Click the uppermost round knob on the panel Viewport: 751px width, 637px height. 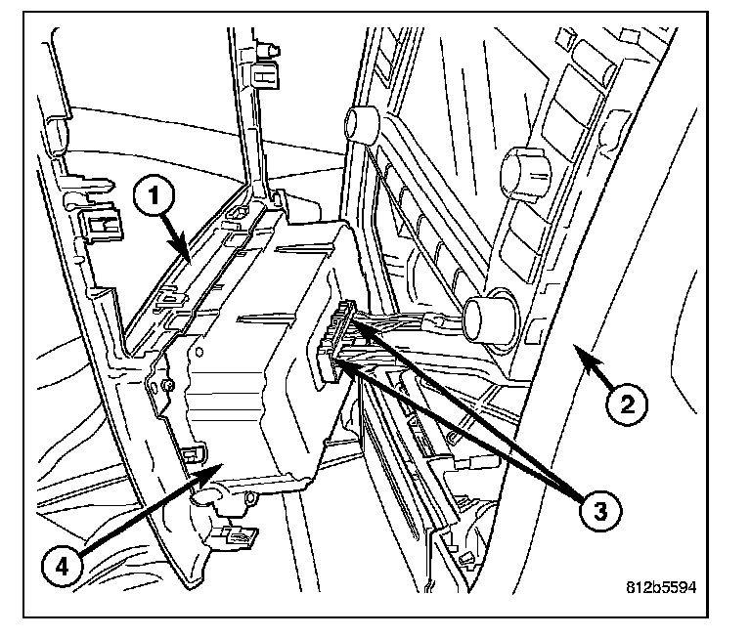(360, 124)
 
